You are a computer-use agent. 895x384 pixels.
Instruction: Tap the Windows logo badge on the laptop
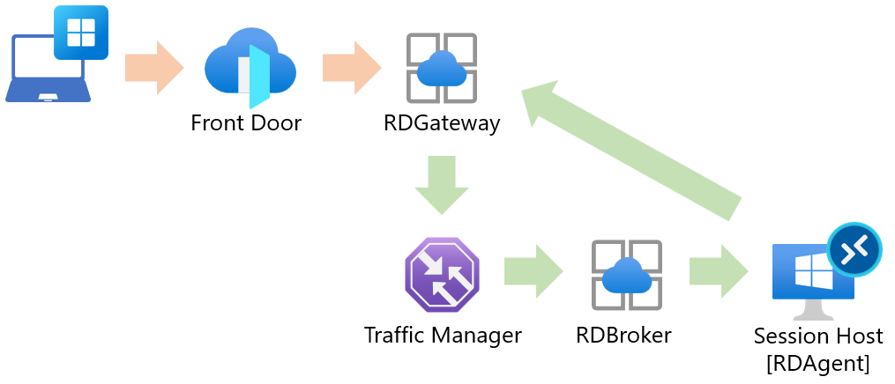coord(80,33)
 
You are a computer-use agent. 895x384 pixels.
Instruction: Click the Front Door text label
coord(246,123)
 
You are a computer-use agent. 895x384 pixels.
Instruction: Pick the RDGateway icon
coord(441,68)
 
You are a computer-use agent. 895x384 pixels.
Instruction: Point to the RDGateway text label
coord(442,123)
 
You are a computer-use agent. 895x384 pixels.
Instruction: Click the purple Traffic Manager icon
coord(442,274)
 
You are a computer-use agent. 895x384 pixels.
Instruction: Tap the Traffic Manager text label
coord(443,335)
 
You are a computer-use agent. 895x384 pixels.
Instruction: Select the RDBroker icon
coord(626,274)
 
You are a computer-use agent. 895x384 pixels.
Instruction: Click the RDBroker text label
coord(623,335)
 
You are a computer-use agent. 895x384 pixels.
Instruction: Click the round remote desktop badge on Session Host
coord(854,249)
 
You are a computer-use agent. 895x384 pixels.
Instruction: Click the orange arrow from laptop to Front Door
coord(153,68)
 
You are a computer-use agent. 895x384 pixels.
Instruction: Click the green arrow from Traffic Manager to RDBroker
coord(532,271)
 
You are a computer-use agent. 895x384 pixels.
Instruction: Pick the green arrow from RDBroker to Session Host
coord(718,271)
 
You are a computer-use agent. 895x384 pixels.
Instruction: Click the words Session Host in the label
coord(818,336)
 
